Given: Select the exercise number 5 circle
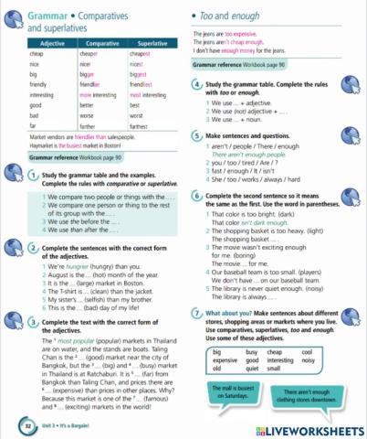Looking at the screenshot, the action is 196,134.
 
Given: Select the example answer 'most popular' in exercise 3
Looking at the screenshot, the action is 73,337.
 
